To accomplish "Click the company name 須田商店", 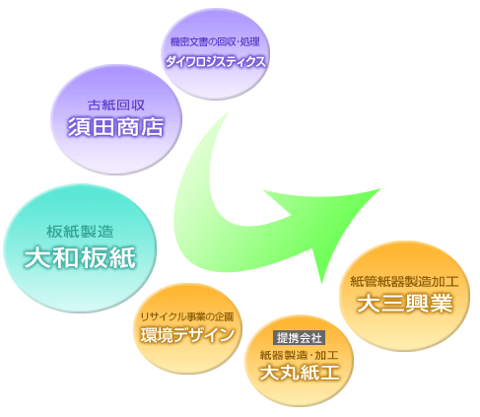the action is click(x=115, y=127).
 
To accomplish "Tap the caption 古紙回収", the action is click(x=116, y=105).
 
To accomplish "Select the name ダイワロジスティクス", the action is click(x=215, y=61).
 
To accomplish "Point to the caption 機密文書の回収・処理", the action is click(x=215, y=41).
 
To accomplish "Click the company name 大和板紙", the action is click(x=80, y=257).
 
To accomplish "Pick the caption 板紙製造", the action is click(x=80, y=232).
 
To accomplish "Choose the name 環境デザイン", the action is click(x=187, y=335).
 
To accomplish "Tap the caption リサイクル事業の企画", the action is click(x=187, y=316).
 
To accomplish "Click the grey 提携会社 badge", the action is click(x=300, y=338).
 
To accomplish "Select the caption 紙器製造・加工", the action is click(x=299, y=355).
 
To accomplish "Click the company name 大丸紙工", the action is click(x=300, y=373).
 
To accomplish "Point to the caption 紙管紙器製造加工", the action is click(x=404, y=282).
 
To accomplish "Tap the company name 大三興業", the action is click(x=405, y=304).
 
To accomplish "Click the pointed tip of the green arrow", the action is click(x=380, y=188).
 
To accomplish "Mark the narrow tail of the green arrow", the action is click(x=229, y=112).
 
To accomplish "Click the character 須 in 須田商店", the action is click(x=79, y=127).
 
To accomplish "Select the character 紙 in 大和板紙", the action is click(x=123, y=258).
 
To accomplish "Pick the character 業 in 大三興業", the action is click(x=442, y=304).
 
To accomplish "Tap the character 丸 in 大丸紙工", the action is click(x=290, y=373).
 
